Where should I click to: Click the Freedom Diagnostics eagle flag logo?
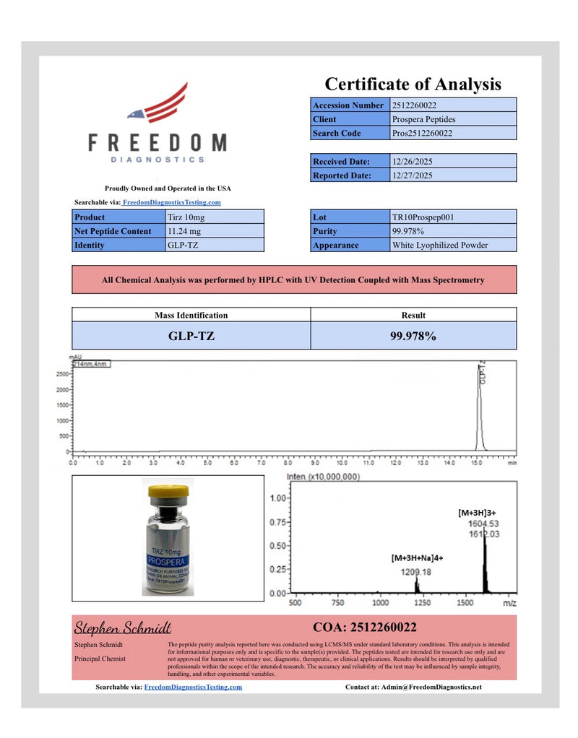[158, 103]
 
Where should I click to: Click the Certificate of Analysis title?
[413, 84]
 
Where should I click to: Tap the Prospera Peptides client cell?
[424, 119]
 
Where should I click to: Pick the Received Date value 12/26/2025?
[413, 161]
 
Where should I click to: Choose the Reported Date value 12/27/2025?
[413, 175]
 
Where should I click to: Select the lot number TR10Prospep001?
[423, 217]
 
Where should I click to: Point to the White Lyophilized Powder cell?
[440, 245]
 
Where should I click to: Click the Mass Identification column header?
[191, 315]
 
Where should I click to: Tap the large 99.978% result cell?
[413, 336]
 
